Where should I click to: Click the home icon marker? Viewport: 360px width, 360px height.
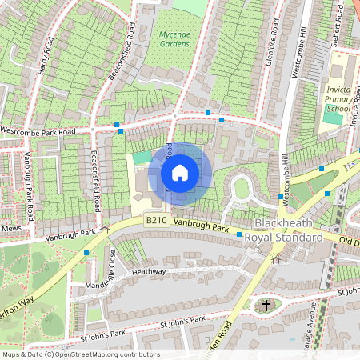(180, 172)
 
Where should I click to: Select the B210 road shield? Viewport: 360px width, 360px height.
(155, 220)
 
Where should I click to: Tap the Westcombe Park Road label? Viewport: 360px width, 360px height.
(38, 130)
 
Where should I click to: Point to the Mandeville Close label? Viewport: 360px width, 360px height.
(112, 269)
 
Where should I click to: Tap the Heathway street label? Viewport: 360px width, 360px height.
(148, 272)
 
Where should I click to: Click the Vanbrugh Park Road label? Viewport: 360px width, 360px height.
(30, 186)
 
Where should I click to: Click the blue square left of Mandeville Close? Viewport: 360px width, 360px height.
(86, 253)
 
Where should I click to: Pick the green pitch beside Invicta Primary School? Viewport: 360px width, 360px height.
(331, 118)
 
